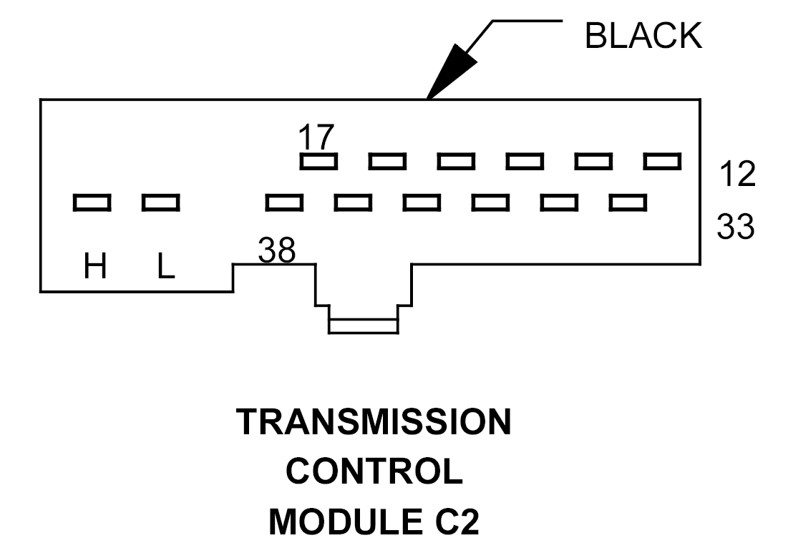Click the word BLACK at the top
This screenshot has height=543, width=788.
tap(643, 36)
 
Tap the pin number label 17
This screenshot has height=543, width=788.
tap(316, 136)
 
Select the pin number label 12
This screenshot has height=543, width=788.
tap(736, 174)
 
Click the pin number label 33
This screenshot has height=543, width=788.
tap(736, 227)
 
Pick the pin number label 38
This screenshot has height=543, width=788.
tap(277, 250)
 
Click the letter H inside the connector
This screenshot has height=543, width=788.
tap(95, 268)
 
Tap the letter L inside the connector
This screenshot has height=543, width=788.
tap(165, 268)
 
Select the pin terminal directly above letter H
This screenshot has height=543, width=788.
tap(92, 203)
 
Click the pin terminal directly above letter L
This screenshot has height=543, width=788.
tap(160, 203)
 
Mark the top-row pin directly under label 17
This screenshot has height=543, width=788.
tap(318, 162)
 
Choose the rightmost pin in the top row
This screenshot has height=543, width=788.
tap(662, 162)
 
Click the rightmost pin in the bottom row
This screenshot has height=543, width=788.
tap(628, 203)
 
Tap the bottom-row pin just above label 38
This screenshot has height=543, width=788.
tap(284, 203)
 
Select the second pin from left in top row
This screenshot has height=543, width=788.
tap(387, 162)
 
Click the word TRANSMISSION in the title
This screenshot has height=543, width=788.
tap(374, 423)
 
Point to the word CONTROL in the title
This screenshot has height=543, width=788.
tap(374, 472)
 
